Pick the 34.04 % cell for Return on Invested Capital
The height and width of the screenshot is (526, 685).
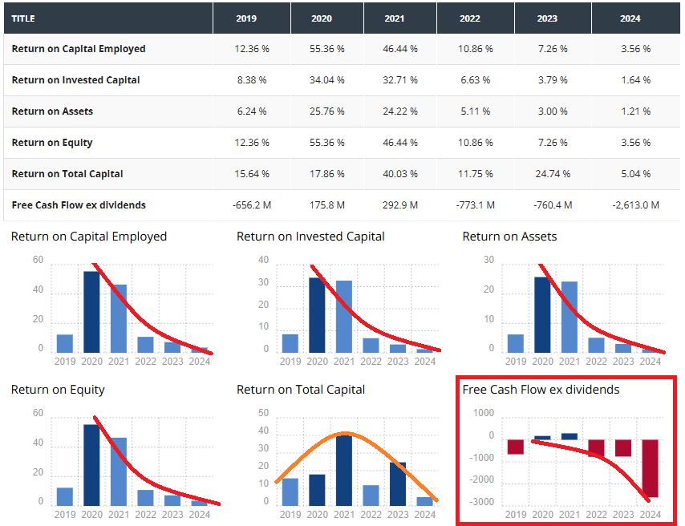click(327, 80)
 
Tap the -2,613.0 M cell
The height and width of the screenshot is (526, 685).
click(635, 205)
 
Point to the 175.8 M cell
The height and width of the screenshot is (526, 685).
click(327, 205)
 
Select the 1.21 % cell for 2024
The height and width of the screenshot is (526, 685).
click(635, 111)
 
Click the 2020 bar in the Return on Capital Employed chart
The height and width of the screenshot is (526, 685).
click(92, 312)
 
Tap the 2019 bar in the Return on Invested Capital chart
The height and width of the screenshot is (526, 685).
click(290, 343)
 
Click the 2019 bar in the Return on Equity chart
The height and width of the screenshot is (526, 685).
click(65, 496)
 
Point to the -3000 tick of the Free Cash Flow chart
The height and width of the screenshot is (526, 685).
click(483, 503)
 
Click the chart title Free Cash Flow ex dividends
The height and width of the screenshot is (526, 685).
click(541, 390)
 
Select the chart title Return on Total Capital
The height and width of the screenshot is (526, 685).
click(301, 390)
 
